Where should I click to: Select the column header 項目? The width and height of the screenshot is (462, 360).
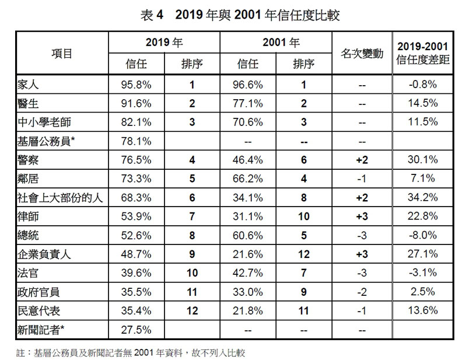click(x=61, y=54)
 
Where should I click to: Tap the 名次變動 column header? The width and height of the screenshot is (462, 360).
click(x=362, y=54)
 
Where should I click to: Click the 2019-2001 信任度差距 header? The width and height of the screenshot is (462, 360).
click(x=422, y=53)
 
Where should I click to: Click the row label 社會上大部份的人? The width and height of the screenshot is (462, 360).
click(x=60, y=198)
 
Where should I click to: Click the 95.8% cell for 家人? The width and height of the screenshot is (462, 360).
click(x=136, y=85)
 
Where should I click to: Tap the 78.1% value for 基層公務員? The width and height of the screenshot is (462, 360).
click(x=136, y=141)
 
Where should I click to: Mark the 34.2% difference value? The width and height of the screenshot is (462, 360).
click(x=422, y=198)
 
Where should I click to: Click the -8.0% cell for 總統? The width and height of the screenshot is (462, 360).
click(x=422, y=236)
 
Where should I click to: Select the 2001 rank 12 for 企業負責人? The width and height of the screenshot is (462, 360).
click(x=303, y=254)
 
